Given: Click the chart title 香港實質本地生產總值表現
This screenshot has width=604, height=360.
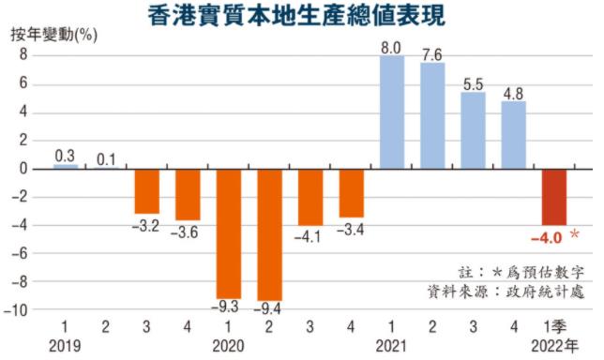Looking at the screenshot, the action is coord(297,15).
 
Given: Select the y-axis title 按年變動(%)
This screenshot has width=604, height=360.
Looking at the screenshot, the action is coord(54,36).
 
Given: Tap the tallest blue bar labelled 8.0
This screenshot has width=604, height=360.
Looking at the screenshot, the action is coord(392,112).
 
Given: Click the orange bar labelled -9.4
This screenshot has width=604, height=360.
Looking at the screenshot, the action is coord(270,235).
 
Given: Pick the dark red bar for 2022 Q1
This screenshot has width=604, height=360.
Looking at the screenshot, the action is coord(554,197).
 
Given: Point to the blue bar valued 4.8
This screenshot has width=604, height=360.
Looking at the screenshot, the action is coord(513,135).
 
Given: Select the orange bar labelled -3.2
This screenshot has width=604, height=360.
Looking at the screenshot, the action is coord(146,191).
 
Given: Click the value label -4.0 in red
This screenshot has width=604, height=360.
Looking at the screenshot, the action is coord(547,238).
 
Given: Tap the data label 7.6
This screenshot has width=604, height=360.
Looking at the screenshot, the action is coord(432,55).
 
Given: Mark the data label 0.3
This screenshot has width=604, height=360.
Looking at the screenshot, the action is coord(65,156).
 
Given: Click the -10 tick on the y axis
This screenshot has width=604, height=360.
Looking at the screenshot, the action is coord(16,310).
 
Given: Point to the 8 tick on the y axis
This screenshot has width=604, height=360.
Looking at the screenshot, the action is coord(23,55).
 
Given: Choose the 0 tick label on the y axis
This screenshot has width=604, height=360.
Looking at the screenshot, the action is coord(23,169).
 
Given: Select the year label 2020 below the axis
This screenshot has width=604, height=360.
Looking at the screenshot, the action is coord(228,346).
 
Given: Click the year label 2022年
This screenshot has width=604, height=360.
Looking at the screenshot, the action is coord(555,346).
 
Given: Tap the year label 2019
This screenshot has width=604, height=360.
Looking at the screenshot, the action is coord(65,346).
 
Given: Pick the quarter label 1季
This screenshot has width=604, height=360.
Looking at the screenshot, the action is coord(554,327).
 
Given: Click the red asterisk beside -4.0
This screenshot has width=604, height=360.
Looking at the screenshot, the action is coord(574,233).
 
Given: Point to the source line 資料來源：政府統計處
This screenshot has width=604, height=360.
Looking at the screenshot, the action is coord(506,292).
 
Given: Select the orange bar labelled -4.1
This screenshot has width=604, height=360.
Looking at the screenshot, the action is coord(310,198).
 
